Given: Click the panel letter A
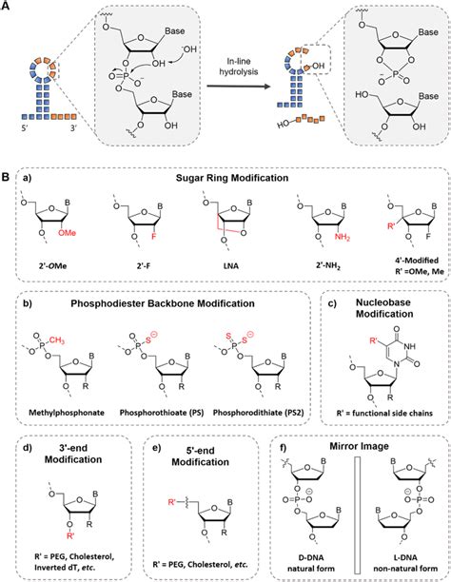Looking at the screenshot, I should (x=7, y=8).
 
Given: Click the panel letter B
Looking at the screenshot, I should (x=7, y=177).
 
